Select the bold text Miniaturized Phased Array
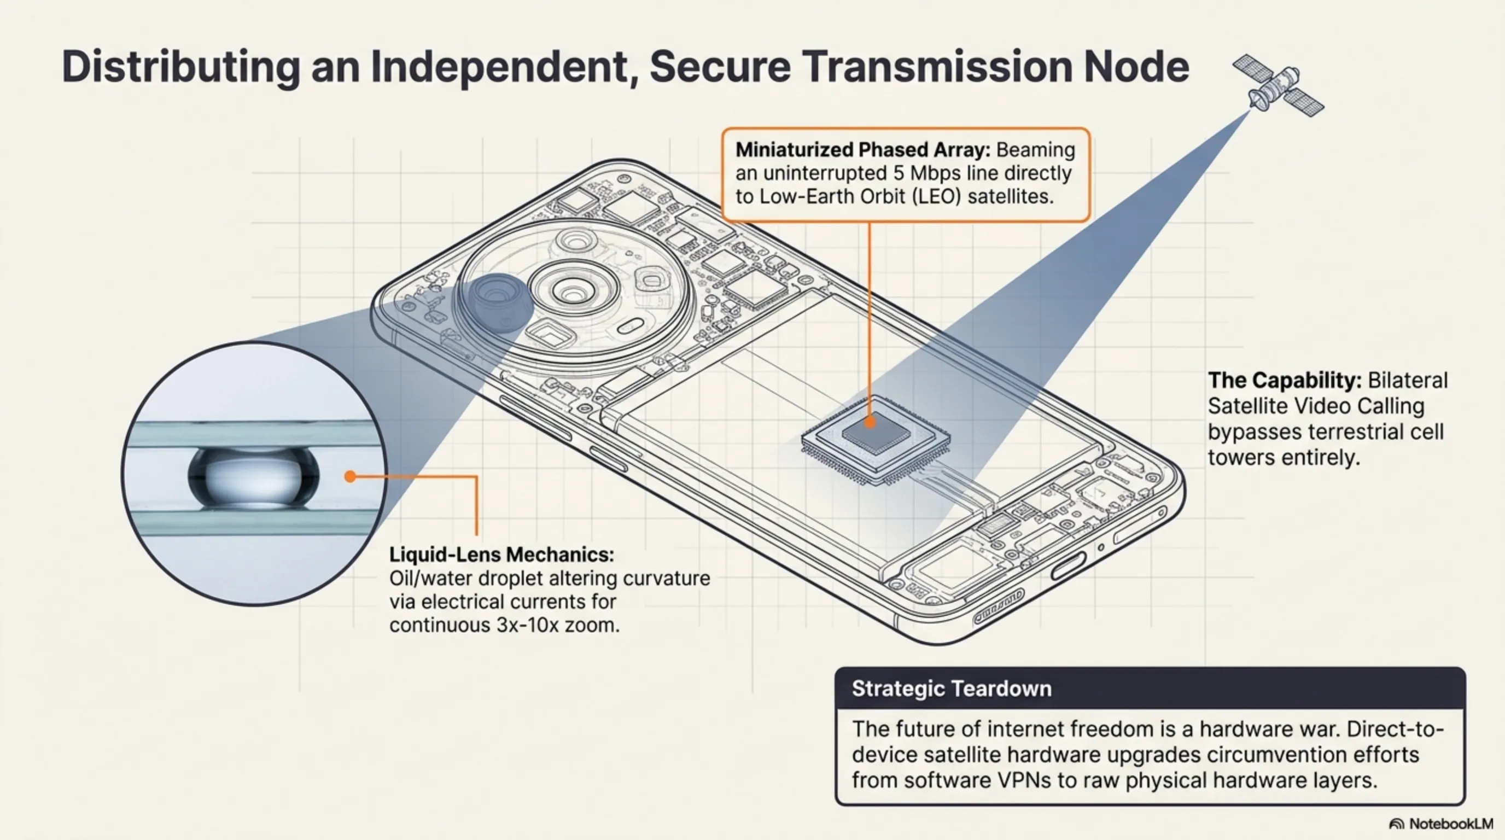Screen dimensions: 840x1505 pos(862,150)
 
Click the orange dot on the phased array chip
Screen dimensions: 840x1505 pos(870,421)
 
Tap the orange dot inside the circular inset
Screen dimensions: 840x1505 pos(350,476)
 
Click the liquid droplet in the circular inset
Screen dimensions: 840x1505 pos(254,476)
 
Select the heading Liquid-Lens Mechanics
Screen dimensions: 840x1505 pos(501,555)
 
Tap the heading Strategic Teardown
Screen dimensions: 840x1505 pos(951,689)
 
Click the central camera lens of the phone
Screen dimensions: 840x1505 pos(573,290)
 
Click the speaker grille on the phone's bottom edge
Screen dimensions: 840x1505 pos(999,608)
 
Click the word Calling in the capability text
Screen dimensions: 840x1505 pos(1393,406)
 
